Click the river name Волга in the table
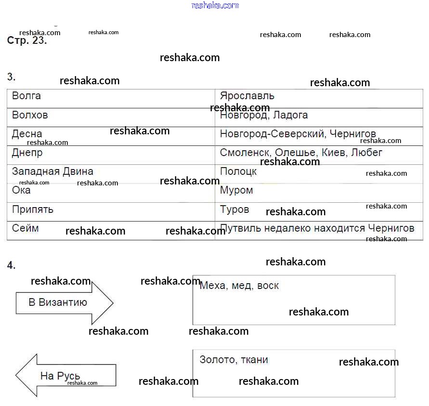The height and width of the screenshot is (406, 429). [26, 96]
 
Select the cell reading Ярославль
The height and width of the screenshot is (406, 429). [247, 96]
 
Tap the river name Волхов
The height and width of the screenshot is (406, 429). [30, 115]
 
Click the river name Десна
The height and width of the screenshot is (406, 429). [27, 134]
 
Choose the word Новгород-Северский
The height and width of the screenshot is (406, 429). [272, 134]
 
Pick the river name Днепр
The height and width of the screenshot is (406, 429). [27, 153]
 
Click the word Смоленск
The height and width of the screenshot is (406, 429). [246, 153]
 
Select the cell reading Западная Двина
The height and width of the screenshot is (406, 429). [52, 171]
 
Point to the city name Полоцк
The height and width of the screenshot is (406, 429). [238, 171]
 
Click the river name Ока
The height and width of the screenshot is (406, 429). [21, 190]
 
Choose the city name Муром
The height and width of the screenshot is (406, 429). [236, 190]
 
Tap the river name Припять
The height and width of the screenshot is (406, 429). [33, 210]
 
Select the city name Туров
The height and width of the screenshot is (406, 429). [234, 210]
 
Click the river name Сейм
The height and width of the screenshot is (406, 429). [26, 228]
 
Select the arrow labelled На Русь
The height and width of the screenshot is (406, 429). [65, 375]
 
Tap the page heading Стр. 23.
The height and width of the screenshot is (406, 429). [27, 40]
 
